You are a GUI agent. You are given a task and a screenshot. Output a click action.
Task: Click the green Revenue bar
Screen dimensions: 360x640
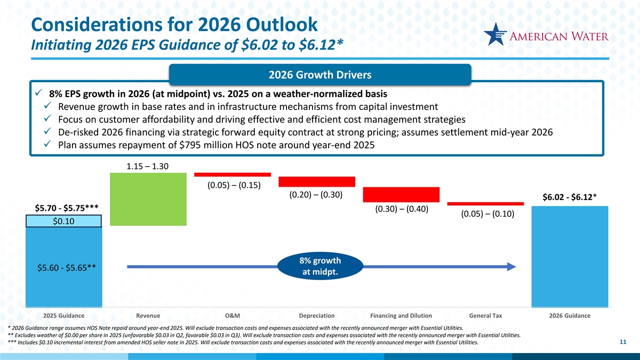tap(148, 199)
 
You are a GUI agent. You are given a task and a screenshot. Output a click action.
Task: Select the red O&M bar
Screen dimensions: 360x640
tap(233, 174)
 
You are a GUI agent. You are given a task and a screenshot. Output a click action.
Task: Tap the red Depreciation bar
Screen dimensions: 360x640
tap(317, 181)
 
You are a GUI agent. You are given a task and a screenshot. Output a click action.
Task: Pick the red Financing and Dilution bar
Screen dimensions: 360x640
tap(401, 195)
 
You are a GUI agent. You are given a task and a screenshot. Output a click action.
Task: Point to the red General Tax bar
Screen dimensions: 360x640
tap(485, 203)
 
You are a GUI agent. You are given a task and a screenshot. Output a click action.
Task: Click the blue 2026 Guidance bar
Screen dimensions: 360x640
tap(570, 256)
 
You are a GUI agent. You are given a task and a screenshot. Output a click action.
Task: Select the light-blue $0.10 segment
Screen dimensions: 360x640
tap(63, 221)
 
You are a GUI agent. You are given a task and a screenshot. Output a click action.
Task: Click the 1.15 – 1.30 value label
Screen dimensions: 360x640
tap(148, 166)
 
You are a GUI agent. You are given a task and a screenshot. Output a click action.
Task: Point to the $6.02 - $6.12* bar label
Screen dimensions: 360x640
tap(569, 198)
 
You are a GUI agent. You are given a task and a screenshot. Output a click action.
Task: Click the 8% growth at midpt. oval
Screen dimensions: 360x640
tap(320, 267)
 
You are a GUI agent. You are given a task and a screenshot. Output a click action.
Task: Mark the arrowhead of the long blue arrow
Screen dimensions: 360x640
tap(510, 266)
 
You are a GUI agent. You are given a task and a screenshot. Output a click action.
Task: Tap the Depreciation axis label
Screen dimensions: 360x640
tap(317, 316)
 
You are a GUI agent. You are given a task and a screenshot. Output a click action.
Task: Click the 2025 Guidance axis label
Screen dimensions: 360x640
tap(63, 316)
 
